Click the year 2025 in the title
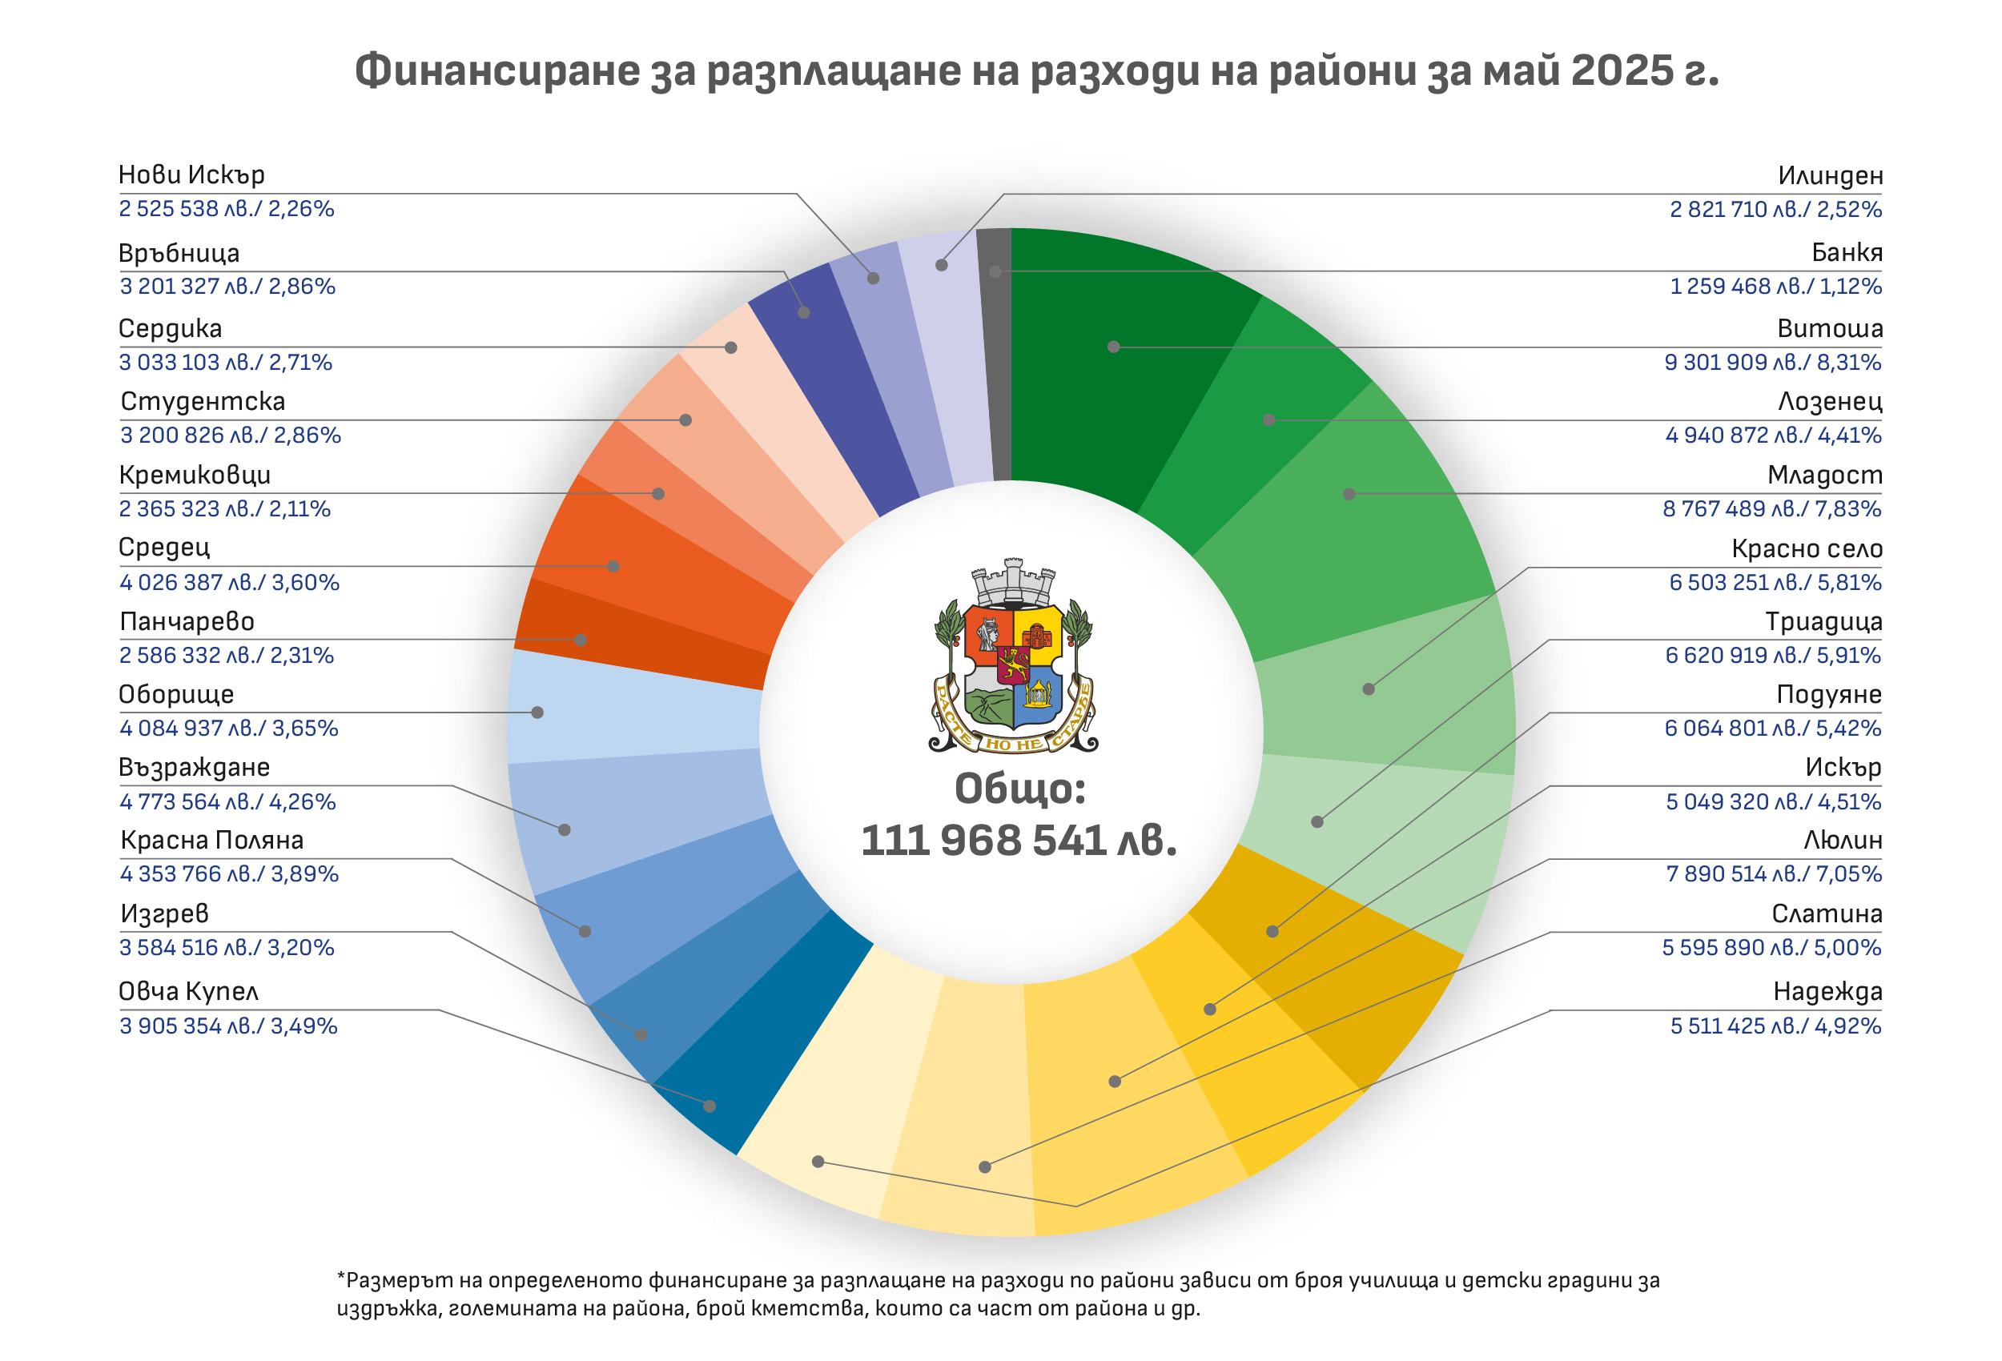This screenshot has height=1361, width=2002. pyautogui.click(x=1622, y=70)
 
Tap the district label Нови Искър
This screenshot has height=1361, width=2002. pyautogui.click(x=191, y=175)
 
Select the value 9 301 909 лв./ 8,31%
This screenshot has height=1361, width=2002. pyautogui.click(x=1772, y=363)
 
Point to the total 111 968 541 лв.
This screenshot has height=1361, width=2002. pyautogui.click(x=1019, y=841)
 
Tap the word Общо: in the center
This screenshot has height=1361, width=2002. pyautogui.click(x=1019, y=788)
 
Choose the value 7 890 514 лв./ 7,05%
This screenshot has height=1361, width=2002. pyautogui.click(x=1773, y=874)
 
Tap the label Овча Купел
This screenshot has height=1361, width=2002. pyautogui.click(x=188, y=992)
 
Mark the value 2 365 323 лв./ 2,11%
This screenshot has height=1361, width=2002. pyautogui.click(x=225, y=509)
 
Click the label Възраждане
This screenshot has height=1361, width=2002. pyautogui.click(x=194, y=768)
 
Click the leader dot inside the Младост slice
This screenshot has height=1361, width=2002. pyautogui.click(x=1349, y=495)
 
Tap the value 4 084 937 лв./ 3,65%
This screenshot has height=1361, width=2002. pyautogui.click(x=228, y=729)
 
